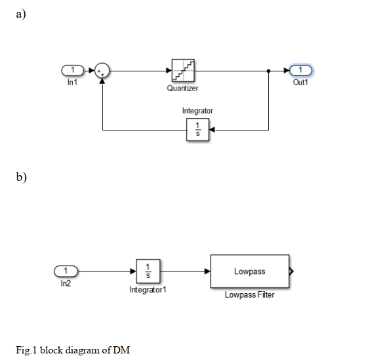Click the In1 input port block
72,70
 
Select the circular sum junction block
102,70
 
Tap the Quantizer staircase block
183,70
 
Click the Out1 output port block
300,70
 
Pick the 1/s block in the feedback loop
197,130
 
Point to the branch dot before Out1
269,71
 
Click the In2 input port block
66,271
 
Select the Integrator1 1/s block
148,271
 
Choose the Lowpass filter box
250,271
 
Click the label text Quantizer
182,88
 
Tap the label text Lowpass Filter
249,294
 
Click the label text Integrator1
148,290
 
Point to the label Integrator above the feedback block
197,111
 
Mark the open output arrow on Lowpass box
291,271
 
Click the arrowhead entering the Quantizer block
169,70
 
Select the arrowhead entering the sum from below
102,81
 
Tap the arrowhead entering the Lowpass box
207,271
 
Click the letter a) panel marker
21,14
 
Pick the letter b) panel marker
22,177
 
